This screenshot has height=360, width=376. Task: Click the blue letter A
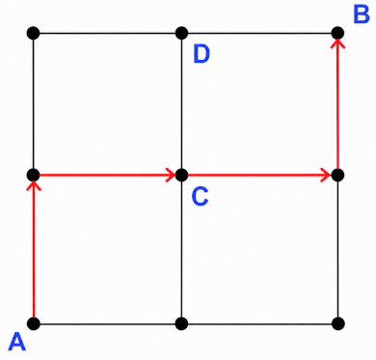[16, 342]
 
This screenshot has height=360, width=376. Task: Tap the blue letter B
[362, 14]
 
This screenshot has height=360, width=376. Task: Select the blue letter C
[200, 197]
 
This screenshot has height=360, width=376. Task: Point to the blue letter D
[201, 54]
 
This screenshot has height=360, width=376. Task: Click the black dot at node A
[34, 323]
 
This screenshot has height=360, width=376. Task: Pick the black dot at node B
[337, 33]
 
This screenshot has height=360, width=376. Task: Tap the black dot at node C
[182, 175]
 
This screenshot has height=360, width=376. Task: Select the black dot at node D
[182, 33]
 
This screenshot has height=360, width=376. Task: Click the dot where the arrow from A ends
[34, 175]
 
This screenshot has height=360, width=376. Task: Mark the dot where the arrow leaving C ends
[337, 175]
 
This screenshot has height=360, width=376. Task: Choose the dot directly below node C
[182, 323]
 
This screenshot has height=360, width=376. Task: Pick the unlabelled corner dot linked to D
[34, 33]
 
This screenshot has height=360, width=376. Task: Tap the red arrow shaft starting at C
[259, 175]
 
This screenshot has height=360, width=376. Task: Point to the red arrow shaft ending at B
[337, 107]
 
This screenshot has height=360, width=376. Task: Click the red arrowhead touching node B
[337, 43]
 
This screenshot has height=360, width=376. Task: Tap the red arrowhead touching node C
[171, 175]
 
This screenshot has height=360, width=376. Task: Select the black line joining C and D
[182, 104]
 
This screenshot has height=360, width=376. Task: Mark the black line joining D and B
[259, 33]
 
